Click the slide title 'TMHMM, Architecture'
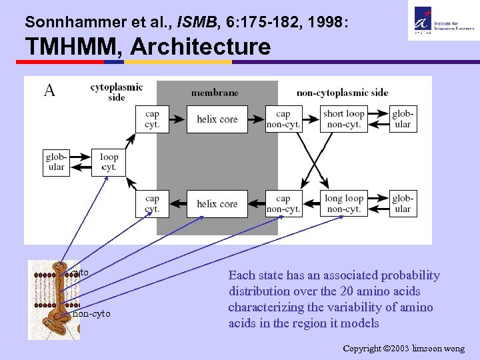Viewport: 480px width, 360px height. tap(148, 47)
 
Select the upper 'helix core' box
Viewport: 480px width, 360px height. tap(217, 119)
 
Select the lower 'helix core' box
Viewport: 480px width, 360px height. tap(217, 204)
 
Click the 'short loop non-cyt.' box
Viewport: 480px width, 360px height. tap(344, 119)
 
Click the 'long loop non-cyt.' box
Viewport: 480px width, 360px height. tap(344, 204)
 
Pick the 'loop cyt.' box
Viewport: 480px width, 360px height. tap(109, 162)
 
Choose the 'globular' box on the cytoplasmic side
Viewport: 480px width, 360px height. tap(56, 162)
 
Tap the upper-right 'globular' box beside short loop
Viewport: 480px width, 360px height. tap(403, 119)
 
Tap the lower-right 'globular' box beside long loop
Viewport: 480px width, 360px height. tap(403, 204)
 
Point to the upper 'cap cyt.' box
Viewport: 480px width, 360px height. tap(152, 119)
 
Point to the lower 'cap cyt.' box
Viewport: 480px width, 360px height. tap(152, 204)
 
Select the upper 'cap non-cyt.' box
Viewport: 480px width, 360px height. tap(283, 119)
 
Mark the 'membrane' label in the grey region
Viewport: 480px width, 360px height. tap(215, 93)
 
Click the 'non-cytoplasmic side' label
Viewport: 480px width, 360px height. tap(342, 93)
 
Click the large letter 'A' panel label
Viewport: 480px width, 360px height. tap(49, 91)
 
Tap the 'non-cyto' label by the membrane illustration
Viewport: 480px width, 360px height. tap(92, 313)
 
